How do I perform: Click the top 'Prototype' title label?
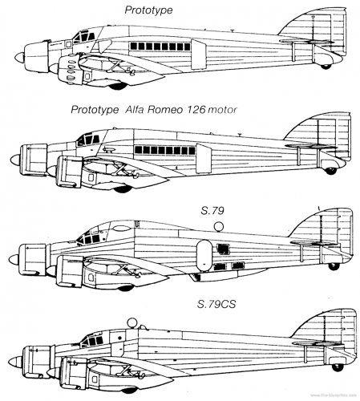pyautogui.click(x=148, y=10)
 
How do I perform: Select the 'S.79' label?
pyautogui.click(x=212, y=211)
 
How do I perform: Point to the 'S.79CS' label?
pyautogui.click(x=216, y=304)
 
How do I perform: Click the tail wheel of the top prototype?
pyautogui.click(x=326, y=66)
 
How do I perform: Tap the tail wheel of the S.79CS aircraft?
pyautogui.click(x=338, y=367)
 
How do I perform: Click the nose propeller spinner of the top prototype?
pyautogui.click(x=19, y=58)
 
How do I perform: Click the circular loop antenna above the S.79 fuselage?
pyautogui.click(x=219, y=227)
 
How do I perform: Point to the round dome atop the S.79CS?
pyautogui.click(x=131, y=322)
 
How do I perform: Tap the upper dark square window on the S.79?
pyautogui.click(x=223, y=249)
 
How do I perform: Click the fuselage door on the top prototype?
pyautogui.click(x=199, y=54)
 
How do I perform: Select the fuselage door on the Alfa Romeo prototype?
pyautogui.click(x=204, y=158)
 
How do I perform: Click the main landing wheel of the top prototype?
pyautogui.click(x=118, y=87)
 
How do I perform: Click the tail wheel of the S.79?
pyautogui.click(x=333, y=266)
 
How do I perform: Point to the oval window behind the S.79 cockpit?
pyautogui.click(x=121, y=228)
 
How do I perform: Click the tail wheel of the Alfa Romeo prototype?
pyautogui.click(x=331, y=171)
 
